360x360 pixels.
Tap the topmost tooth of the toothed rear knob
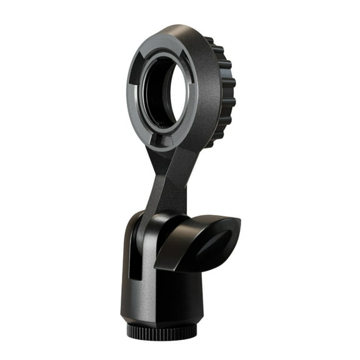pyautogui.click(x=209, y=41)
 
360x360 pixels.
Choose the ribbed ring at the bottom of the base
pyautogui.click(x=161, y=329)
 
